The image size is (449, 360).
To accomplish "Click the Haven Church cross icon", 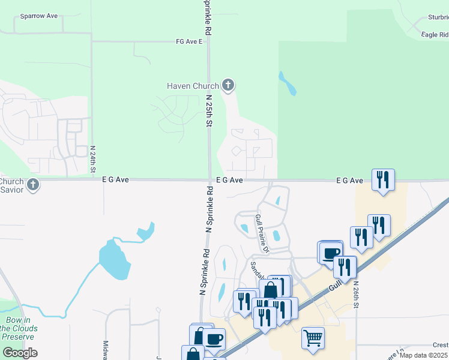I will point(228,85).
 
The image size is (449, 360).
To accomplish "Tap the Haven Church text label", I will point(193,86).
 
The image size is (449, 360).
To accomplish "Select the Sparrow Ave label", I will point(38,16).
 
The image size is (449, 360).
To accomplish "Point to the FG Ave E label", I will point(189,42).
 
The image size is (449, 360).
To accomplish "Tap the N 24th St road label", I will point(93,159).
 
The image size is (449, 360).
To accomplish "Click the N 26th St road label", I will point(356,294).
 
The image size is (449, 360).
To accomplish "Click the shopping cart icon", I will point(313,338).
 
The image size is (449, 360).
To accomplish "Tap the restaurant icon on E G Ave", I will point(382,179).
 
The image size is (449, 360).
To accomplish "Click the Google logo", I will point(20,352).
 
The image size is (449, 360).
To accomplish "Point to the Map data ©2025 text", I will point(424,355).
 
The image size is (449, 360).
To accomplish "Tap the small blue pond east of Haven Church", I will point(287,84).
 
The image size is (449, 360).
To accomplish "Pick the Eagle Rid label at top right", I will point(435,35).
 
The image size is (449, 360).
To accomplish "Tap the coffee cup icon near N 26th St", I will point(330,252).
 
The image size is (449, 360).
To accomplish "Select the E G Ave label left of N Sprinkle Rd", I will point(116,179).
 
